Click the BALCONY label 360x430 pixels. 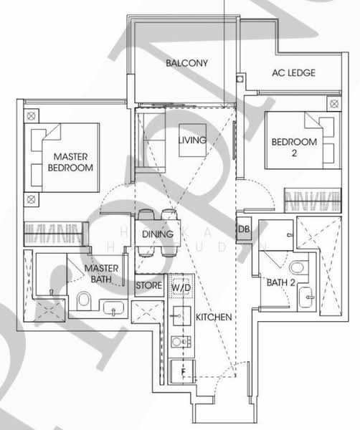click(186, 63)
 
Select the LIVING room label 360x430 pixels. click(192, 140)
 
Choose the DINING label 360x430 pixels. click(156, 234)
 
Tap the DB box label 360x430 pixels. click(243, 229)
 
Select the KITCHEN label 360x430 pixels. click(213, 316)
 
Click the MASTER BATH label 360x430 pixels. click(101, 273)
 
